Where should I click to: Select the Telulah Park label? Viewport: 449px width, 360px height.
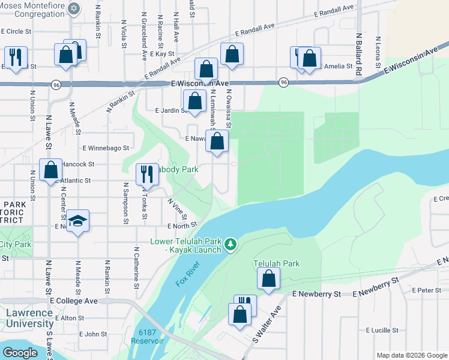click(276, 263)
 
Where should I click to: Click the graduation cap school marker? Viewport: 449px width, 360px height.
click(78, 221)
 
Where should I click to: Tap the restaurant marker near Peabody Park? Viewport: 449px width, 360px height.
click(146, 175)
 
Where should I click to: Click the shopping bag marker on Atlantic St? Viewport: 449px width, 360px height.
click(51, 170)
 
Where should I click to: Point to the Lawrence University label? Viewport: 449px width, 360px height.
click(30, 319)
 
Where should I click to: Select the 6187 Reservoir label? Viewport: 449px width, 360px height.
click(151, 337)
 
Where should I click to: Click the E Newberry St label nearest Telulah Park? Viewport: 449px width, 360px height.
click(316, 294)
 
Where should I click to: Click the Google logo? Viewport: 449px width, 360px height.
click(20, 353)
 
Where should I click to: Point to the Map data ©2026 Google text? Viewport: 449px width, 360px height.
click(411, 355)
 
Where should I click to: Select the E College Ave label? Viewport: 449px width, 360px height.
click(74, 301)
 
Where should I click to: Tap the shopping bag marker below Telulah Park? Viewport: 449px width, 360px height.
click(269, 279)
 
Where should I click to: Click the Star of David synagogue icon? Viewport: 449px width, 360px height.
click(74, 9)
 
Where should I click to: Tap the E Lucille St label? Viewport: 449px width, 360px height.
click(382, 330)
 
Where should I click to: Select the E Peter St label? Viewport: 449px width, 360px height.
click(426, 290)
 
